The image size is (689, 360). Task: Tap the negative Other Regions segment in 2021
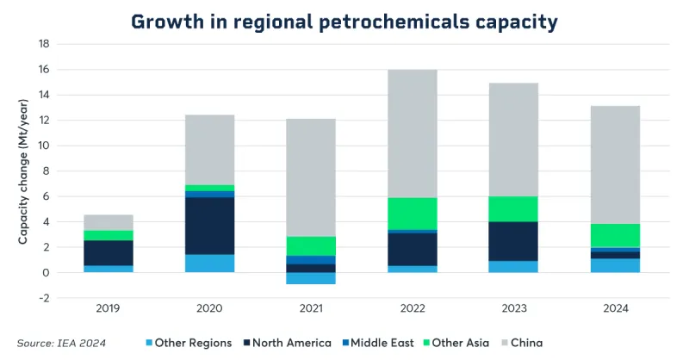pos(311,278)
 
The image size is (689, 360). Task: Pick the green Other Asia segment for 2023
pos(513,208)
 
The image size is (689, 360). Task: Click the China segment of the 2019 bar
pos(108,222)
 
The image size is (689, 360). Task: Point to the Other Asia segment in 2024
pos(615,235)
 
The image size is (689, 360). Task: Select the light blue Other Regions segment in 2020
pos(209,264)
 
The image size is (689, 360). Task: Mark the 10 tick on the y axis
pos(41,146)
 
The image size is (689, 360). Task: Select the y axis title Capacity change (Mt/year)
pos(23,172)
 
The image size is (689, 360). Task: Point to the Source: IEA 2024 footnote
pos(61,343)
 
